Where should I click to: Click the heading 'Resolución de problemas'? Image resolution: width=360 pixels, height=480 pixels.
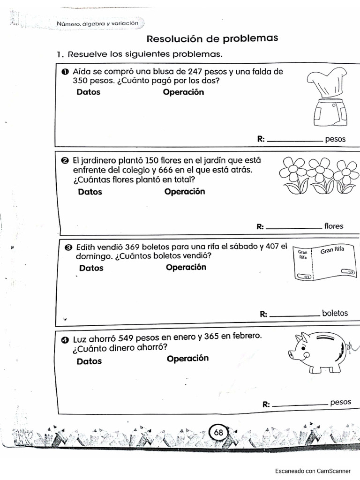pos(212,38)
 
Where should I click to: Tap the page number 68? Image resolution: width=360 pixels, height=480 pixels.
pos(218,432)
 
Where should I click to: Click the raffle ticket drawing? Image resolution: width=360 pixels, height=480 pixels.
pos(324,263)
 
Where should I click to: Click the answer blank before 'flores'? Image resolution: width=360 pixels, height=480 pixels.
pos(293,227)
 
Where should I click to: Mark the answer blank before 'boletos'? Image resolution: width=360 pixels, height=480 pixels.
pos(295,315)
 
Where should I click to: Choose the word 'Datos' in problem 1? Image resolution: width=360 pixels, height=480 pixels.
pos(88,92)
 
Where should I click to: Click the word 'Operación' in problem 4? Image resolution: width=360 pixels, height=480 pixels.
pos(187,359)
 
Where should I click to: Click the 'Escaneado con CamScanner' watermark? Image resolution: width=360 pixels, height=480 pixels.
pos(312,471)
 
